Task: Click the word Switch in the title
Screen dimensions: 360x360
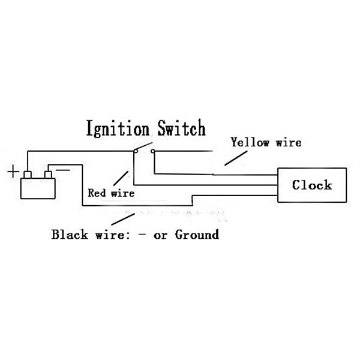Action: (x=181, y=128)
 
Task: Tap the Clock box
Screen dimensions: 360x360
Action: (x=312, y=185)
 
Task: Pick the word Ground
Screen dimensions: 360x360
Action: (x=197, y=234)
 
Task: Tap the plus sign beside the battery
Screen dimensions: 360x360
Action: (x=13, y=172)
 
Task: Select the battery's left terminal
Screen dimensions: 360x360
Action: (x=28, y=175)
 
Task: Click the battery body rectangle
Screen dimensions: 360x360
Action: (x=37, y=188)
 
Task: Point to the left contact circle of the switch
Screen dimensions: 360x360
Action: (x=136, y=151)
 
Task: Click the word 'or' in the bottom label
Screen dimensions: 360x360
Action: (x=161, y=235)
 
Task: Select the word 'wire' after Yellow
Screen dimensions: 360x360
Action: (x=289, y=143)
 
